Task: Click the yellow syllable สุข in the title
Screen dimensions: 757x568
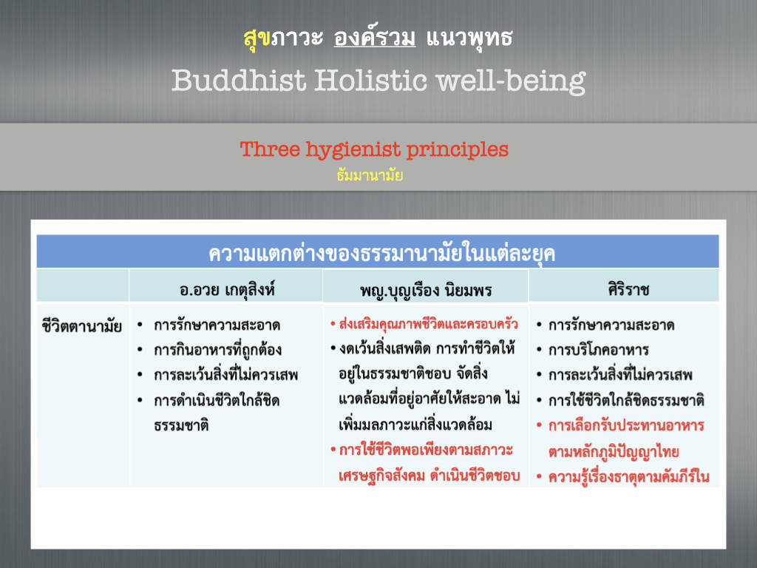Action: tap(257, 38)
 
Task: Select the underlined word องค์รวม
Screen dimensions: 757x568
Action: tap(375, 37)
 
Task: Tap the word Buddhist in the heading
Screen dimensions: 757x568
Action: tap(239, 80)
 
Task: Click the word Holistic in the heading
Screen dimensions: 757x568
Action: tap(371, 80)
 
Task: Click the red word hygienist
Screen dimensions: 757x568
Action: tap(353, 150)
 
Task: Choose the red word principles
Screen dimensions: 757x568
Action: tap(457, 150)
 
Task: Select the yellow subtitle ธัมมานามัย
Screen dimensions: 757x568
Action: tap(370, 175)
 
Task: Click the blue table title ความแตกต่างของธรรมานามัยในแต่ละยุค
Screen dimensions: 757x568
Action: tap(381, 253)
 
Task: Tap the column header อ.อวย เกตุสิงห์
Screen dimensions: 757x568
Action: tap(227, 289)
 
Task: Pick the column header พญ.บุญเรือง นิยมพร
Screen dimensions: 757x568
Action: tap(426, 290)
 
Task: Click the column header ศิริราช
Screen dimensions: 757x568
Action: tap(628, 289)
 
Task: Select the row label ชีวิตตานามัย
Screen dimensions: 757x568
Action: tap(81, 326)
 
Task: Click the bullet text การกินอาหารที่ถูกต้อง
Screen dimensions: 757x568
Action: tap(218, 349)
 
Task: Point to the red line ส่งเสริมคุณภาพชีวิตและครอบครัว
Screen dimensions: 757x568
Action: tap(428, 324)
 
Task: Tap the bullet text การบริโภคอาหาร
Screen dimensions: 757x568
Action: tap(599, 349)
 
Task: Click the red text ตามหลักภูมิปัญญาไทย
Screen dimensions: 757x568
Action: tap(614, 452)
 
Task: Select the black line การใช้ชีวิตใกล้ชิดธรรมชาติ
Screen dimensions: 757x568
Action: tap(626, 400)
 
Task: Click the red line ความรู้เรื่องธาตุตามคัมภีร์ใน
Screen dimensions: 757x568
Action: tap(628, 477)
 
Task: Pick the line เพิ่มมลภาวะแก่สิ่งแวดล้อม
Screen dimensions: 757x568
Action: tap(415, 425)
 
